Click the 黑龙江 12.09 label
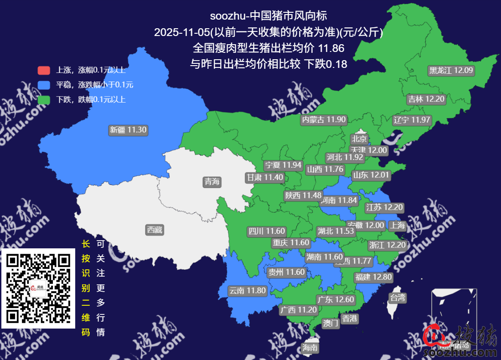[451, 71]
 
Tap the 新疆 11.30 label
[128, 130]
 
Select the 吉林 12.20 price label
[425, 99]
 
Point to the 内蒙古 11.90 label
[324, 120]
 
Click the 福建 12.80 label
[373, 277]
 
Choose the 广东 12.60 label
[335, 299]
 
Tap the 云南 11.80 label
[247, 290]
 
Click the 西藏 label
[155, 230]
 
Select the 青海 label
[212, 182]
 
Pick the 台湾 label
[397, 298]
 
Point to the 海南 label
[310, 348]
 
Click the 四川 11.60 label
[267, 231]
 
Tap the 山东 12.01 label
[371, 175]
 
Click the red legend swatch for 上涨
[44, 71]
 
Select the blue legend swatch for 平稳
[44, 85]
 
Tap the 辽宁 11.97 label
[412, 120]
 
